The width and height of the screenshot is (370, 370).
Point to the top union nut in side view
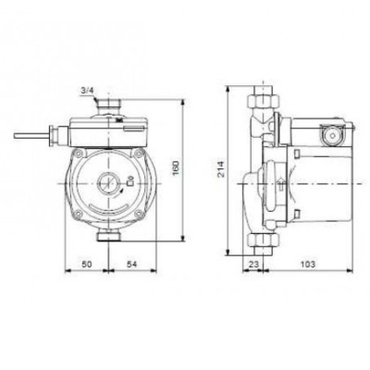(263, 96)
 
